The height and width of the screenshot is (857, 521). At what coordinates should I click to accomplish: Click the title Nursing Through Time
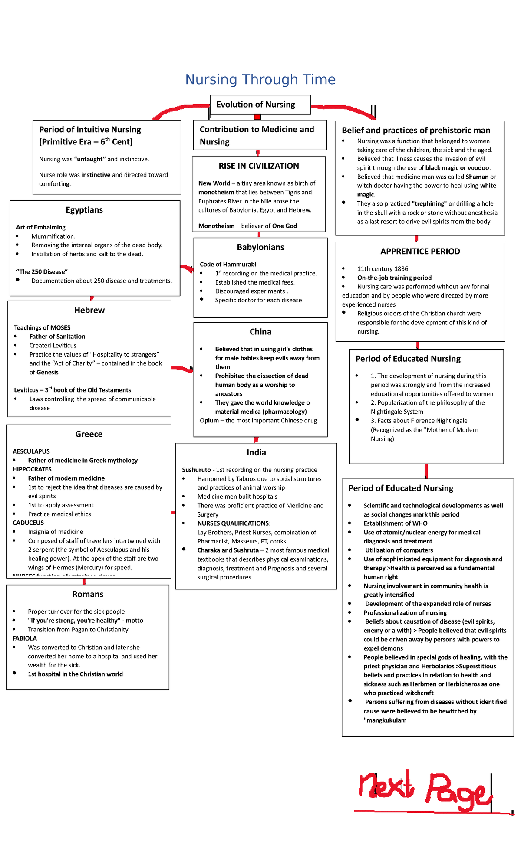coord(260,79)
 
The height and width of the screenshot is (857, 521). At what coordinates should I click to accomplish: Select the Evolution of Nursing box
coord(260,105)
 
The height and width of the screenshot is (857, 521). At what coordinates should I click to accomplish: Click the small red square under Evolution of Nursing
coord(257,117)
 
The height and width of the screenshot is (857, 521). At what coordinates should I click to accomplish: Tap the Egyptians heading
coord(84,210)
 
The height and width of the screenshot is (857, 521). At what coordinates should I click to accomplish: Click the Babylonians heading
coord(260,247)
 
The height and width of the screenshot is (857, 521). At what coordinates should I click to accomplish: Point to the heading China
coord(260,332)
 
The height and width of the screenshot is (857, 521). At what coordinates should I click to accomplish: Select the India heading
coord(256,452)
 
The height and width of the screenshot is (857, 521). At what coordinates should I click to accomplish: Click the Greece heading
coord(89,434)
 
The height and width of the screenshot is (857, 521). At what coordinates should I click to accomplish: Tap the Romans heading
coord(87,594)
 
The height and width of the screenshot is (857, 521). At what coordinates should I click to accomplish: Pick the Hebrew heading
coord(89,310)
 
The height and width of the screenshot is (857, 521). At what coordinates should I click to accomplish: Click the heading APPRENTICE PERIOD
coord(420,252)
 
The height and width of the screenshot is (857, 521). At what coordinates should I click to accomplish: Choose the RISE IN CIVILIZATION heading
coord(259,166)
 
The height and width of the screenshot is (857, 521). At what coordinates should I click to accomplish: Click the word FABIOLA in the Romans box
coord(25,638)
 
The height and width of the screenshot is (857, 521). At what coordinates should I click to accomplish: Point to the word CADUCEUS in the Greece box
coord(28,523)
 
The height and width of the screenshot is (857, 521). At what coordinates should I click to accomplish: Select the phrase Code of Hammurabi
coord(228,265)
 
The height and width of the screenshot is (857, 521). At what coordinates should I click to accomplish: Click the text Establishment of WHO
coord(395,523)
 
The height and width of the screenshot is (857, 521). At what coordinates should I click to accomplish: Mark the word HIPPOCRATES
coord(32,469)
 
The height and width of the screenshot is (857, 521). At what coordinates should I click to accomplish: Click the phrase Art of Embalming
coord(41,227)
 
